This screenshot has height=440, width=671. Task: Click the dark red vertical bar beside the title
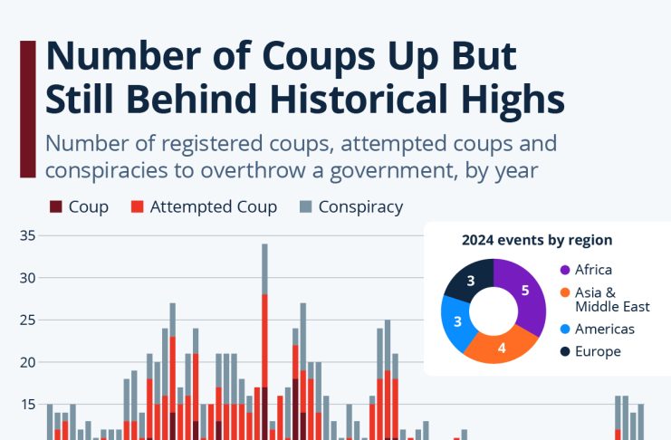pos(27,109)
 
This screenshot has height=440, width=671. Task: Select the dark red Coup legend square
pos(56,207)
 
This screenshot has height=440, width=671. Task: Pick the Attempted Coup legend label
pos(213,207)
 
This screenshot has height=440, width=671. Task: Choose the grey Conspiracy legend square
pos(306,207)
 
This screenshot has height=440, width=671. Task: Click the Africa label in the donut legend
pos(593,270)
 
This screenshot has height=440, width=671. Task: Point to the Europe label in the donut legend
pos(598,351)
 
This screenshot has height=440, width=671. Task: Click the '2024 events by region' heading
pos(537,241)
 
